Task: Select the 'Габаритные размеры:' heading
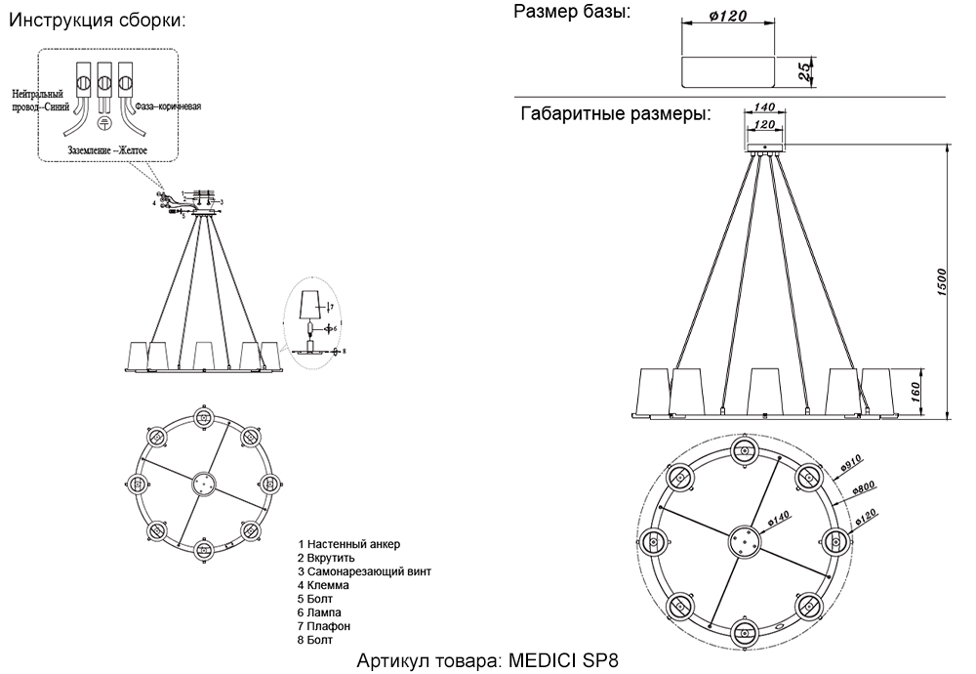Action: tap(615, 114)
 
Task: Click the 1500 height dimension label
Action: tap(943, 282)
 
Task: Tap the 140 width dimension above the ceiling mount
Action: tap(763, 108)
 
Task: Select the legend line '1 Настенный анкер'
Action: tap(349, 544)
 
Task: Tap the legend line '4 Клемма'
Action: tap(325, 585)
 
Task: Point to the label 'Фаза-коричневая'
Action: tap(167, 106)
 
